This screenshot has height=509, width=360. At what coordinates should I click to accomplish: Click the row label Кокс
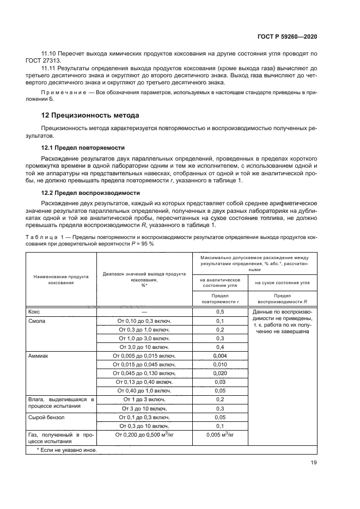coord(34,311)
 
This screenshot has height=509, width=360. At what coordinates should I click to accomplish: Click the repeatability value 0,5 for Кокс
coord(220,311)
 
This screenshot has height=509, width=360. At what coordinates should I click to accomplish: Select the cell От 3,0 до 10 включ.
coord(144,347)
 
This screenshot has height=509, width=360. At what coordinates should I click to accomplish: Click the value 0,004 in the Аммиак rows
coord(220,355)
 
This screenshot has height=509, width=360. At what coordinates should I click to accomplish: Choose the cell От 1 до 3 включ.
coord(144,399)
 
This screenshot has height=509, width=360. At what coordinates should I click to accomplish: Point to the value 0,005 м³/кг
coord(220,435)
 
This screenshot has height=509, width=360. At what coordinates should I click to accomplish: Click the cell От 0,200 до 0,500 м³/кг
coord(144,435)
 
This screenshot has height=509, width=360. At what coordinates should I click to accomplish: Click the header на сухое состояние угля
coord(282,283)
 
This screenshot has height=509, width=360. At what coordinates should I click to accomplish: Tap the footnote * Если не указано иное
coord(66,450)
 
